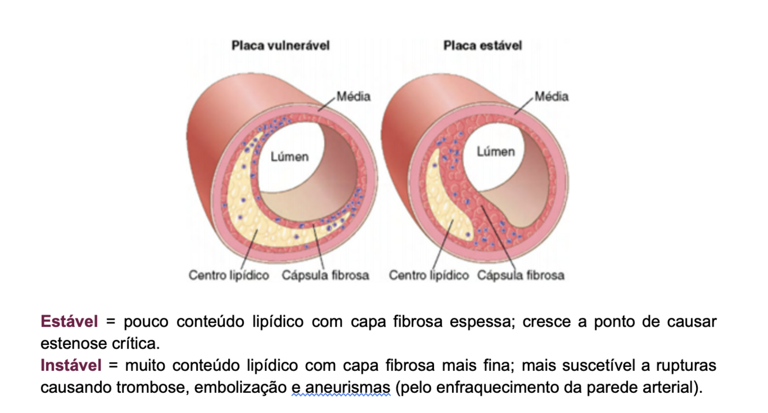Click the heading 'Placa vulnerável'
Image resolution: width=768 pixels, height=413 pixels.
(280, 46)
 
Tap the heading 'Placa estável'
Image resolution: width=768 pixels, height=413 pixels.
(482, 46)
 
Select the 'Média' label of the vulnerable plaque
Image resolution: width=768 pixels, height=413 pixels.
(353, 96)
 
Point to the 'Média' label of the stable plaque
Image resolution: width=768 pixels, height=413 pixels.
(552, 96)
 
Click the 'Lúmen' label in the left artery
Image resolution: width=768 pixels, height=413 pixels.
(290, 157)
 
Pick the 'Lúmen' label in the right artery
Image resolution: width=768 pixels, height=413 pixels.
(495, 151)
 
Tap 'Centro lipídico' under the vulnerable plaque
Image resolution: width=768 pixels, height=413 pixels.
(229, 275)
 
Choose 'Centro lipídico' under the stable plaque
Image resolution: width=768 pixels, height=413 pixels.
(428, 275)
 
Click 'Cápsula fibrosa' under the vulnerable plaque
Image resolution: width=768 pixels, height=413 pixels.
(325, 275)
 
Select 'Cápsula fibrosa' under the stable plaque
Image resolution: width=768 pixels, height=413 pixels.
(520, 275)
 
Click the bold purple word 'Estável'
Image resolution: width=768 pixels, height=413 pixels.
(69, 321)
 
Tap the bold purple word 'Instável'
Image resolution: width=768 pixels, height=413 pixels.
(71, 365)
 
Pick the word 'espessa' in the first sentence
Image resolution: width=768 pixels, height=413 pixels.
(484, 321)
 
